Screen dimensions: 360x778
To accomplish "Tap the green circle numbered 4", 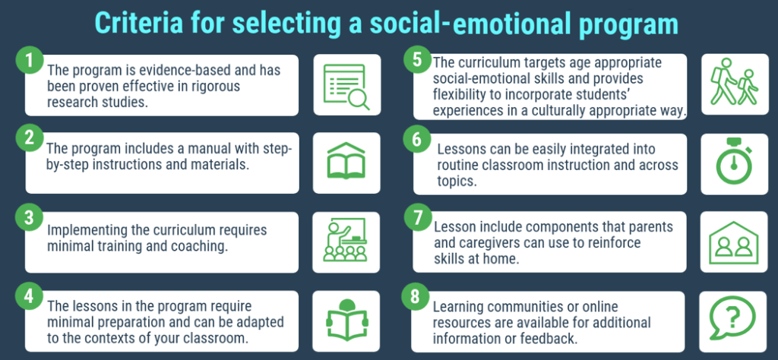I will pyautogui.click(x=28, y=296).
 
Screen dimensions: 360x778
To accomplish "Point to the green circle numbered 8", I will pyautogui.click(x=416, y=296).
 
